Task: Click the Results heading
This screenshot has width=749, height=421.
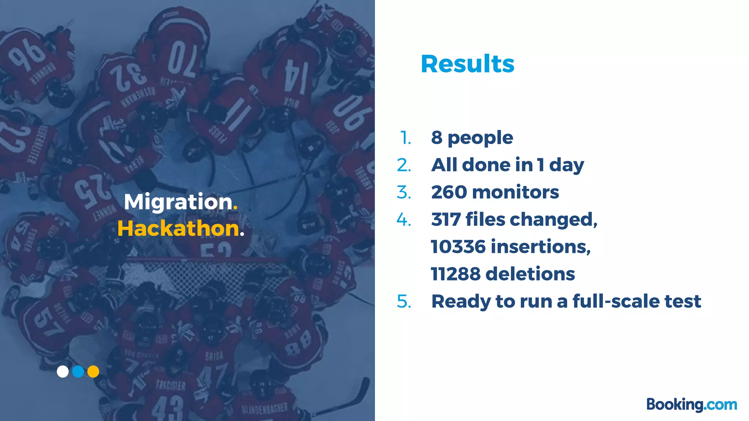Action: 467,64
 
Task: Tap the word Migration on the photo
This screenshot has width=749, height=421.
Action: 178,202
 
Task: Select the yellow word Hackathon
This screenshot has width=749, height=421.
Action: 178,228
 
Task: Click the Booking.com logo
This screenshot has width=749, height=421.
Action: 692,405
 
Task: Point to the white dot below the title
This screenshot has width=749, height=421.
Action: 63,371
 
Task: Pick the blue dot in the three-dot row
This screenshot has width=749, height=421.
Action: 78,371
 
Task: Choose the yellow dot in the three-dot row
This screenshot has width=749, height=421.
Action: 93,371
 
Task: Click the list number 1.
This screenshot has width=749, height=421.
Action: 406,138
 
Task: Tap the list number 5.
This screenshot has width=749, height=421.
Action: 404,301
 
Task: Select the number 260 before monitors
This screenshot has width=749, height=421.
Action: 449,192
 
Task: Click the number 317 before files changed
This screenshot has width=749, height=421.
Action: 446,219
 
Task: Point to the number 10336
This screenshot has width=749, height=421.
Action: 458,247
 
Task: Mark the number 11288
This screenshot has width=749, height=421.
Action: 456,274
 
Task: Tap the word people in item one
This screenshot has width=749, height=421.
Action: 480,138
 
